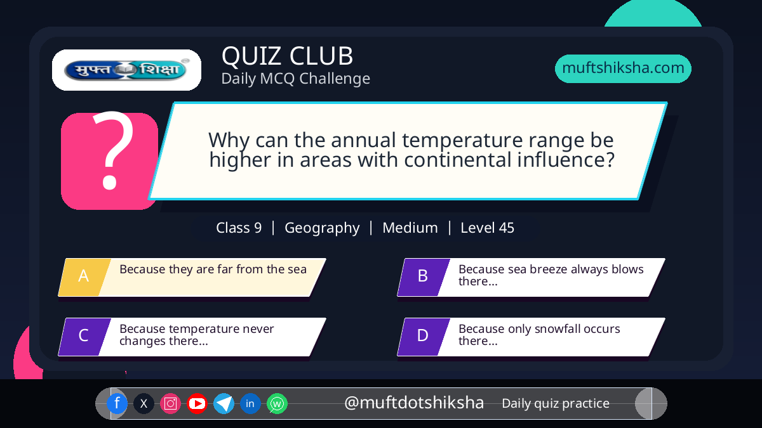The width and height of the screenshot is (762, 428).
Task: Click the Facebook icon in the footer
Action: point(117,403)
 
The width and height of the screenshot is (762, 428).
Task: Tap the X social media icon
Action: point(144,403)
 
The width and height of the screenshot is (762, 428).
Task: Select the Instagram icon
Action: point(170,403)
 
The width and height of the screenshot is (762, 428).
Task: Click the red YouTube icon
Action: point(197,403)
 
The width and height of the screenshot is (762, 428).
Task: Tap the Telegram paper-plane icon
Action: point(224,403)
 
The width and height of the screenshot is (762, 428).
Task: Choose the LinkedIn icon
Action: point(250,403)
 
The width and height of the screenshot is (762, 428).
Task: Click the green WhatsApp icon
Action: point(277,403)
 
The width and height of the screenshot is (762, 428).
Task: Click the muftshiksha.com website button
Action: point(623,68)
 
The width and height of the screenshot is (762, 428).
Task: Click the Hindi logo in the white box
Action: point(126,70)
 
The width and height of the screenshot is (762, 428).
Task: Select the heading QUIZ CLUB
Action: point(288,56)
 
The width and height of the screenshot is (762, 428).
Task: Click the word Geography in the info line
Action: point(322,228)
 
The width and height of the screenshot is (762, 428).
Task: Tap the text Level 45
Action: point(487,228)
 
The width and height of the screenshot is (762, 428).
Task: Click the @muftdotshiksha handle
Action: point(414,403)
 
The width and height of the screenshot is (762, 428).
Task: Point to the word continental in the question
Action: point(458,160)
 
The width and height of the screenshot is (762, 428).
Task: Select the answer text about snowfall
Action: point(539,335)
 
